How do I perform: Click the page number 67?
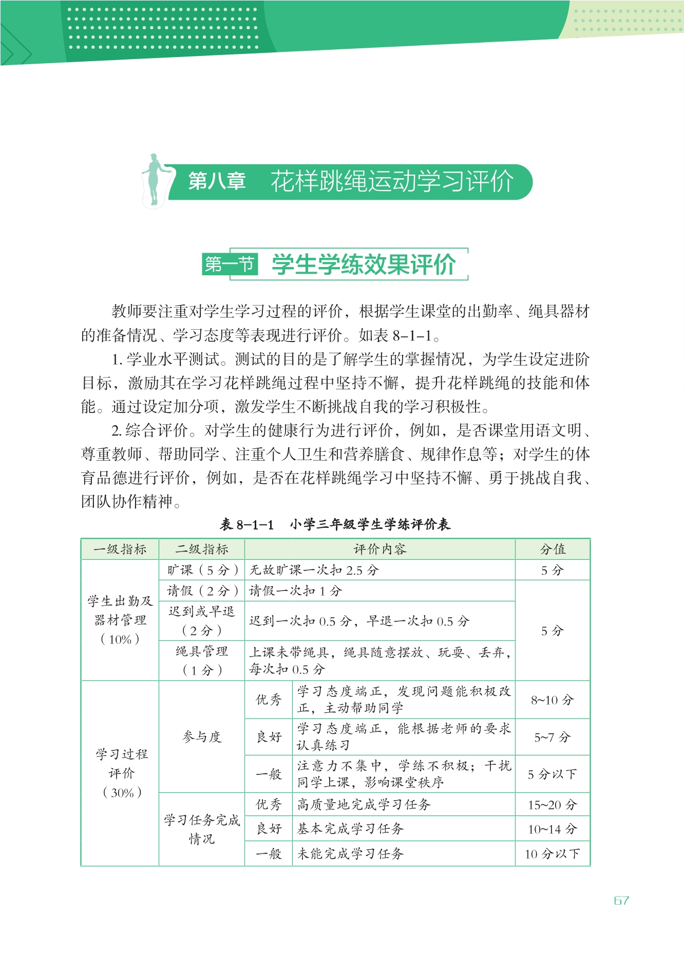[621, 900]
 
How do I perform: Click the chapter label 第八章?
[217, 181]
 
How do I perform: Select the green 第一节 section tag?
[230, 264]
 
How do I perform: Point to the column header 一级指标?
[120, 549]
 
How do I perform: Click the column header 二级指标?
[202, 549]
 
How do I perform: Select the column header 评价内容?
[379, 549]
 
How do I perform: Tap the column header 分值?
[553, 549]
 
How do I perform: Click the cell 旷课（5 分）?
[202, 570]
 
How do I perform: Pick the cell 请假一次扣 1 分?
[295, 591]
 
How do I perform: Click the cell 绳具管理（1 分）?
[202, 660]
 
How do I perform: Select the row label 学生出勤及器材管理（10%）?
[120, 620]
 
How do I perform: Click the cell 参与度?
[202, 737]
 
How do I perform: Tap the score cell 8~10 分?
[553, 700]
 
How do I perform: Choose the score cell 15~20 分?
[553, 805]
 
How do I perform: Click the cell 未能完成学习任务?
[351, 853]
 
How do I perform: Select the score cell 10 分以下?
[553, 853]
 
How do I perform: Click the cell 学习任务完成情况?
[202, 829]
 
